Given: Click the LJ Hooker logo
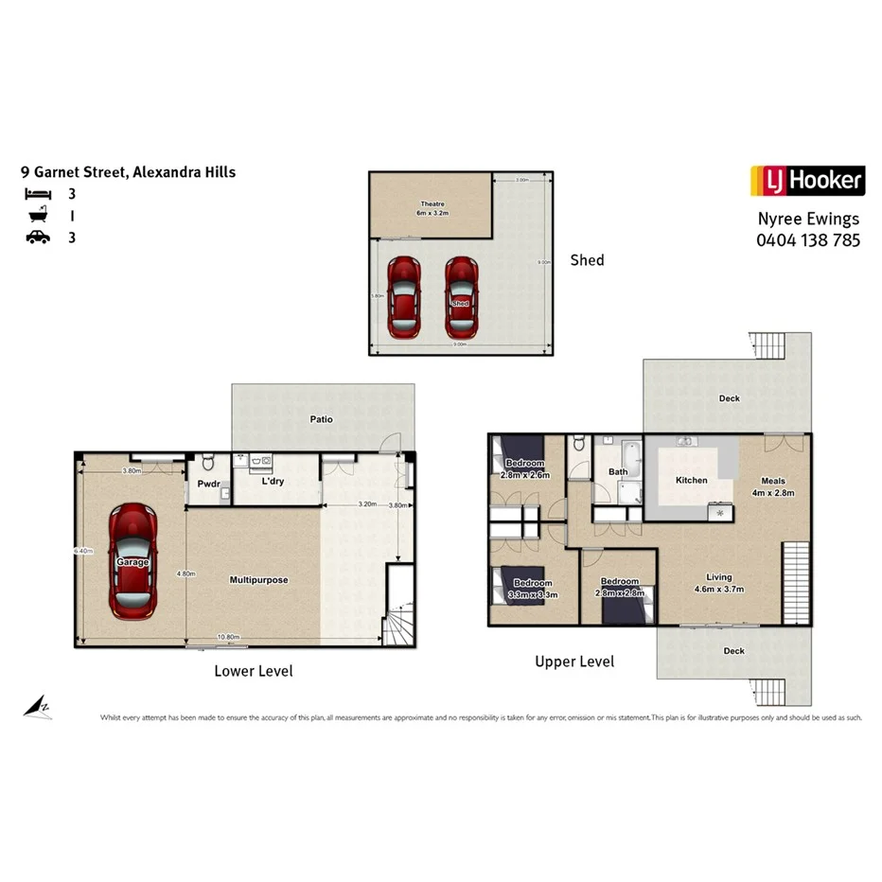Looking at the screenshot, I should point(807,180).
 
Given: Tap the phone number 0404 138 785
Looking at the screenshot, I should point(807,240).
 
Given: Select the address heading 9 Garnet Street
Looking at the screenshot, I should point(129,172).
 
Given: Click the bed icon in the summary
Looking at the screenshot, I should point(38,194).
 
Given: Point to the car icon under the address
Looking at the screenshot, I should point(38,238).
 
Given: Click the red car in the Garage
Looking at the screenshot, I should point(132,560).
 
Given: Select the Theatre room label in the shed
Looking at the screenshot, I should point(432,208).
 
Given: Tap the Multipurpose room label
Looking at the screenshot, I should point(258,579).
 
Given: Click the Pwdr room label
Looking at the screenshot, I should point(208,485).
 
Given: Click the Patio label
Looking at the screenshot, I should point(322,419).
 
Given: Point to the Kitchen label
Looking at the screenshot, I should point(691,481).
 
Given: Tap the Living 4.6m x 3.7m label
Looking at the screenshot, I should point(719,583).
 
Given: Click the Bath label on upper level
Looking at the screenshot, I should point(617,471).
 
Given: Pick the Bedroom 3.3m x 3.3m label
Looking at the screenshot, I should point(535,589).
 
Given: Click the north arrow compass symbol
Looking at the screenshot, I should point(38,706).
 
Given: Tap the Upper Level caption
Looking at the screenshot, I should point(573,661).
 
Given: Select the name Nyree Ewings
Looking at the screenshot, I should point(807,219).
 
